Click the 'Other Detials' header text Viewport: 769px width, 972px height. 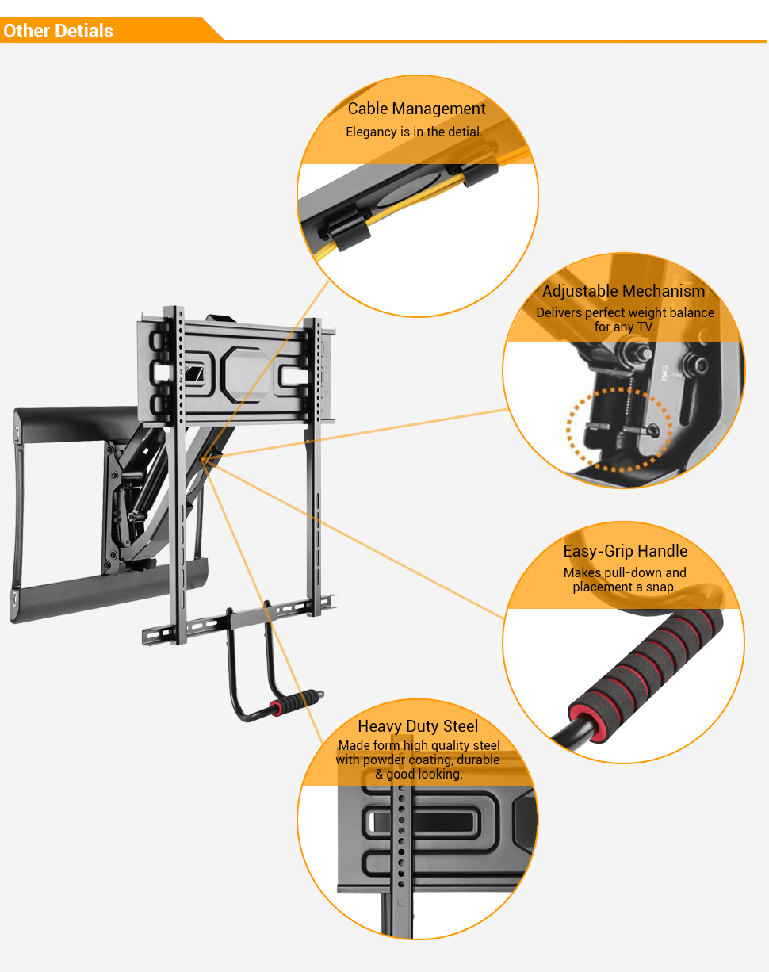58,31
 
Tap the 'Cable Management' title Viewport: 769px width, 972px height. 416,109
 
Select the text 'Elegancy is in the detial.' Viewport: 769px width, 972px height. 414,132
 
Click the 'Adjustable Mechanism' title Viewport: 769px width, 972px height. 623,291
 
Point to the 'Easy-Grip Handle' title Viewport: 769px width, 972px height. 625,551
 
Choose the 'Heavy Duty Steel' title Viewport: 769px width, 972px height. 418,726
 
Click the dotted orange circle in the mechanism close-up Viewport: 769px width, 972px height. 619,429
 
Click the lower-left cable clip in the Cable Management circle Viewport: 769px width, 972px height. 346,229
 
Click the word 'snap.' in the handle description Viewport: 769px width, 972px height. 660,587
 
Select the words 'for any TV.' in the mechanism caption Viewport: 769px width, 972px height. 625,327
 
